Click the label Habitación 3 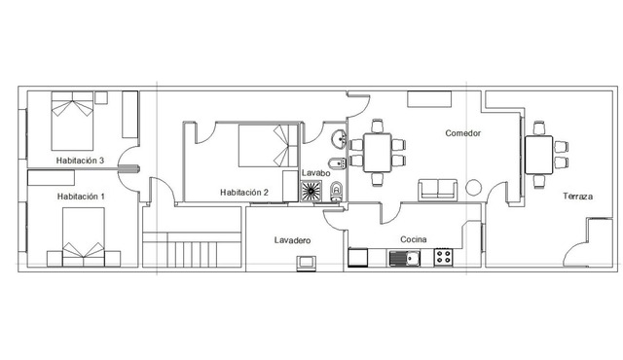tap(80, 161)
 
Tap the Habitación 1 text tap(81, 197)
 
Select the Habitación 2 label tap(244, 193)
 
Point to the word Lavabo tap(315, 173)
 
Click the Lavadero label tap(292, 240)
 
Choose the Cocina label tap(413, 239)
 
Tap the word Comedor tap(463, 133)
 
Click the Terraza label tap(577, 197)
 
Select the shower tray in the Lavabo tap(311, 191)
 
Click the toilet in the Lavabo tap(336, 192)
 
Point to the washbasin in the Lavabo tap(340, 139)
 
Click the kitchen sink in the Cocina tap(405, 259)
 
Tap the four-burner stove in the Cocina tap(444, 257)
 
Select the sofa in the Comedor tap(437, 190)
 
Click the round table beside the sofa tap(474, 188)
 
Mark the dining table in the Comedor tap(377, 153)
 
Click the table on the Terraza tap(538, 155)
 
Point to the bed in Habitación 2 tap(269, 146)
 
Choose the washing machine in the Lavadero tap(307, 263)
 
